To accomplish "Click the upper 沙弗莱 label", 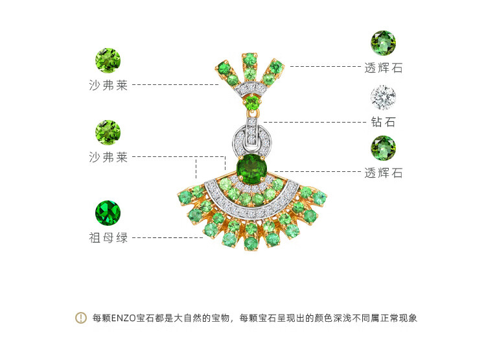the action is click(108, 85).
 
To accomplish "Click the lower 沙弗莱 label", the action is click(108, 157).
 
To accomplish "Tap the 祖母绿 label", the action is click(108, 238).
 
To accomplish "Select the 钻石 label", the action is click(383, 122).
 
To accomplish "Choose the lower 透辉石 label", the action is click(383, 173).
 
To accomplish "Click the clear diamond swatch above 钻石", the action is click(383, 98).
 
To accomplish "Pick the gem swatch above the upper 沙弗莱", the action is click(108, 60).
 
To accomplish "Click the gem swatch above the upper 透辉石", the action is click(383, 43).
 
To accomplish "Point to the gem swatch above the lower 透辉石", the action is click(383, 148).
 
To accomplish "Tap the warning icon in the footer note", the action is click(81, 318).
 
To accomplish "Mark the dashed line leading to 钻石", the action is click(314, 121).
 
